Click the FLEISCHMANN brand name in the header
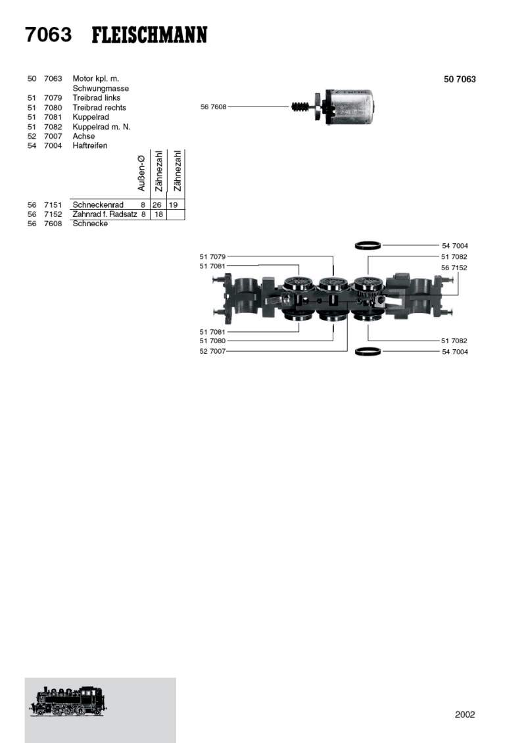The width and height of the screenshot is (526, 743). point(149,36)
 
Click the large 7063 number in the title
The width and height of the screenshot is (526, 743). point(49,35)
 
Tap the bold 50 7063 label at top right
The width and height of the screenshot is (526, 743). point(460,79)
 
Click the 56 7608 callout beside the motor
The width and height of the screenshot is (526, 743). point(213,107)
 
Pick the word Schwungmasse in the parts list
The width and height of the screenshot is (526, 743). point(101,89)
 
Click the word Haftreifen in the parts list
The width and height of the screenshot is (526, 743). point(90,145)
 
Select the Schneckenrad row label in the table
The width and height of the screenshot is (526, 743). point(98,204)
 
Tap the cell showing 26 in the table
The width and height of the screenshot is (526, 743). point(157,204)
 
